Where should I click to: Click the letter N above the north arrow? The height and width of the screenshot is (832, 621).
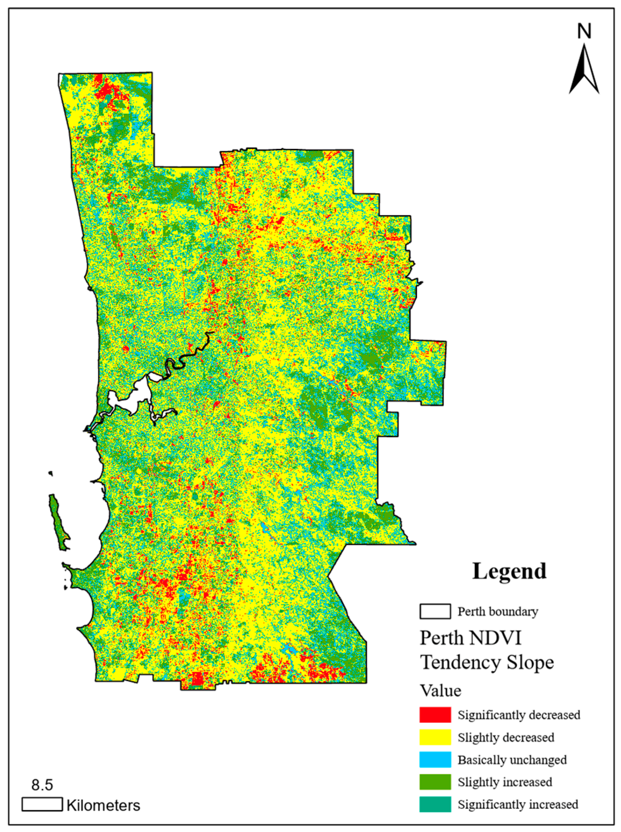pos(584,31)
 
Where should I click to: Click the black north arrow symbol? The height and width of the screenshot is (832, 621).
pos(584,70)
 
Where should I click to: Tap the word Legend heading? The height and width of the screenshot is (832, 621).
pos(509,571)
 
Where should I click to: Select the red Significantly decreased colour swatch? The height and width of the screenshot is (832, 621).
pos(435,715)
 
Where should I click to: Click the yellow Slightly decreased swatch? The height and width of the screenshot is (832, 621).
pos(435,737)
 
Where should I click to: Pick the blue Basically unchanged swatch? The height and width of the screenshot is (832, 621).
pos(435,759)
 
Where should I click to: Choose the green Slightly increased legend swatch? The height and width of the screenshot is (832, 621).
pos(435,782)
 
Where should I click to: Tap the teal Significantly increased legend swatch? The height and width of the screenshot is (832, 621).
pos(435,804)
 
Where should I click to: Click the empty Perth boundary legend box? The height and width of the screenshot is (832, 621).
pos(435,611)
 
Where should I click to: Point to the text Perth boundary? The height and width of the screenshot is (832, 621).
pos(497,612)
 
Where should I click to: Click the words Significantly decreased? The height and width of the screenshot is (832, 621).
pos(519,715)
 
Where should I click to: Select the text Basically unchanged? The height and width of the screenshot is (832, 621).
pos(512,760)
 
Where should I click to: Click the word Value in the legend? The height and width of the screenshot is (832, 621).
pos(440,690)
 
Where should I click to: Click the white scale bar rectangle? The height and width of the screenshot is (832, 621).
pos(42,804)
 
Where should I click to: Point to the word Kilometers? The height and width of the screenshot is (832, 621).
pos(103,806)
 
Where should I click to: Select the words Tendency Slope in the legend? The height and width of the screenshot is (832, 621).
pos(487,662)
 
